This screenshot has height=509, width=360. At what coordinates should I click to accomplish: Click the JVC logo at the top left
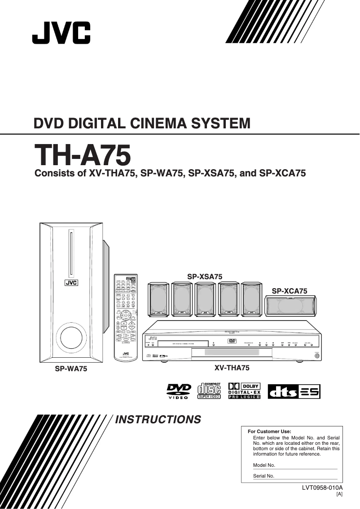click(x=61, y=33)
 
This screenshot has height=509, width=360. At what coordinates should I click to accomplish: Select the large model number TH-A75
click(x=83, y=156)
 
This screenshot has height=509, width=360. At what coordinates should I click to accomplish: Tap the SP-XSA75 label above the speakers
click(x=205, y=276)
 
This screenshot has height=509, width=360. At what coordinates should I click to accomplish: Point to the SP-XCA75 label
click(x=290, y=291)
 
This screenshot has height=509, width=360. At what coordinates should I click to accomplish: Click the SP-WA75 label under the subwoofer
click(x=71, y=369)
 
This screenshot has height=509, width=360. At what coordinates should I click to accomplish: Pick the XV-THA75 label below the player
click(x=232, y=368)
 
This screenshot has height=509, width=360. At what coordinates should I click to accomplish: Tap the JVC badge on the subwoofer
click(x=71, y=283)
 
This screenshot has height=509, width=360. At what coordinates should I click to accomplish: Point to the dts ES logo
click(x=294, y=391)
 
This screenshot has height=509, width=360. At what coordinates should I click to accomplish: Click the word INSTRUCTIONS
click(x=158, y=420)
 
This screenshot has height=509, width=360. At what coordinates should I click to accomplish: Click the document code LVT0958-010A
click(x=322, y=487)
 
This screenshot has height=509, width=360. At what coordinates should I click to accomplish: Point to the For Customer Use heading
click(x=269, y=431)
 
